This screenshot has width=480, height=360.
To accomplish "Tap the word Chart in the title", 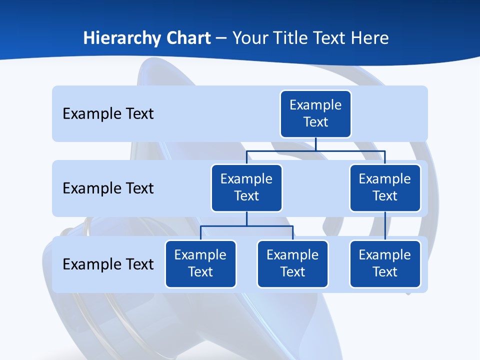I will click(187, 38).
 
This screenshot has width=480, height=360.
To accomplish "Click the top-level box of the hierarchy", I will click(315, 113).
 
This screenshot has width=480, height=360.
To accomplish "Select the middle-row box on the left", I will click(246, 187).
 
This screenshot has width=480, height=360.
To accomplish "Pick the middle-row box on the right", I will click(385, 187).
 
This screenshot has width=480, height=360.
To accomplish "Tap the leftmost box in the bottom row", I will click(200, 263).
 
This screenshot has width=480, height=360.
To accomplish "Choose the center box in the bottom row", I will click(292, 263).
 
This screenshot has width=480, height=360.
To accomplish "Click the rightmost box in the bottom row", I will click(385, 263).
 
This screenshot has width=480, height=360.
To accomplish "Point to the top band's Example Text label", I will click(108, 114).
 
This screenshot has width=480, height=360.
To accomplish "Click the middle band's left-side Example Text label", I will click(108, 188).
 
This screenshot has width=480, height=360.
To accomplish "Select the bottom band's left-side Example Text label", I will click(108, 264).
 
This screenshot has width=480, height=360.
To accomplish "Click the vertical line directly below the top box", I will click(315, 144).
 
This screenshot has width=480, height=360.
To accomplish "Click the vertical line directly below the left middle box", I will click(246, 218).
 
